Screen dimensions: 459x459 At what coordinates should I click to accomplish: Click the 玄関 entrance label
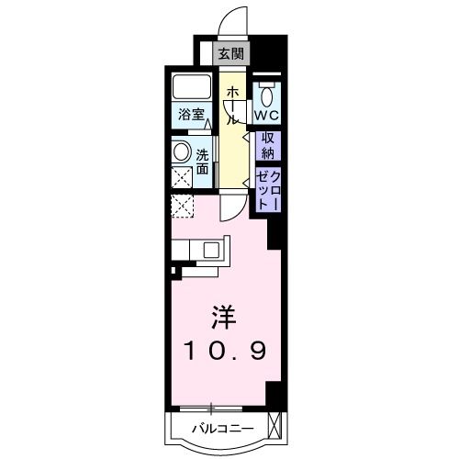point(229,54)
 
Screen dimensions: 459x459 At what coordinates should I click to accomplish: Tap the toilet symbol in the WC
point(267,95)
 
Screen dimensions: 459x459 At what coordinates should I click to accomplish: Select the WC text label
point(266,117)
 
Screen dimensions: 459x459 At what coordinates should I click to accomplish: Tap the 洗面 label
point(202,162)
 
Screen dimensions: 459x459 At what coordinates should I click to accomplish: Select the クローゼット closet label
point(267,188)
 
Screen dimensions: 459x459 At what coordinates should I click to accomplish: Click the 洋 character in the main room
point(224,319)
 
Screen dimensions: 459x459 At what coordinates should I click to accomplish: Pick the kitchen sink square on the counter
point(211,249)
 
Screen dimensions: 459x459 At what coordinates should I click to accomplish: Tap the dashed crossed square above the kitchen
point(183,207)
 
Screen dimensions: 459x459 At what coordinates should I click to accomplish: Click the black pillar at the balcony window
point(272,393)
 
